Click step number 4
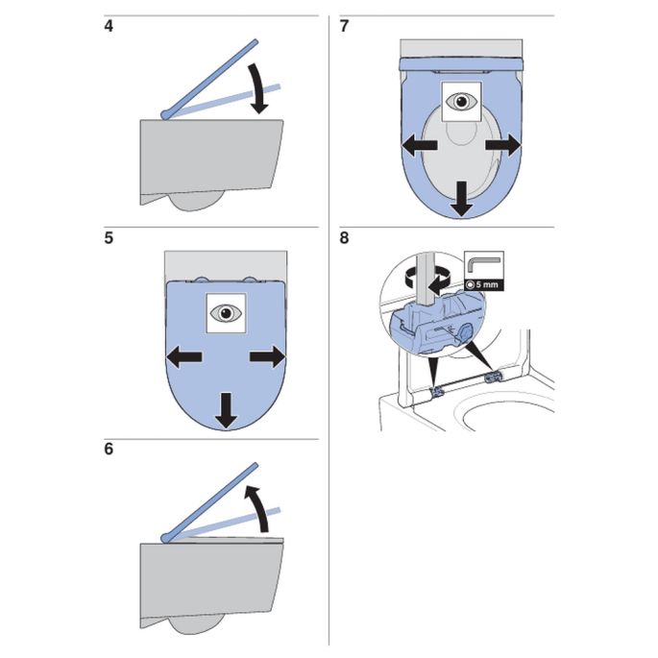pyautogui.click(x=110, y=26)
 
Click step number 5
pyautogui.click(x=110, y=237)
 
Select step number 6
pyautogui.click(x=110, y=450)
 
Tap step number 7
pyautogui.click(x=345, y=26)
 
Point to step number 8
pyautogui.click(x=345, y=237)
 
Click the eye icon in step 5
pyautogui.click(x=226, y=312)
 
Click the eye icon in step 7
pyautogui.click(x=462, y=101)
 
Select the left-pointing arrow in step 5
pyautogui.click(x=183, y=357)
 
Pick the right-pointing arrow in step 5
pyautogui.click(x=268, y=357)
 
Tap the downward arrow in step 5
pyautogui.click(x=226, y=409)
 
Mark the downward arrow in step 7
pyautogui.click(x=462, y=198)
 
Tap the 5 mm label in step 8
pyautogui.click(x=483, y=285)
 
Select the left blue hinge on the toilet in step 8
pyautogui.click(x=436, y=390)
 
